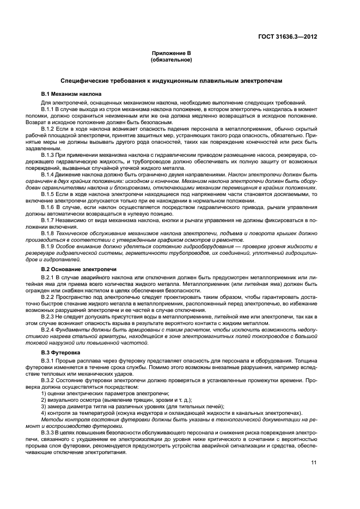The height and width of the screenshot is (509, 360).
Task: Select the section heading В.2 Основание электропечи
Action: (71, 269)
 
